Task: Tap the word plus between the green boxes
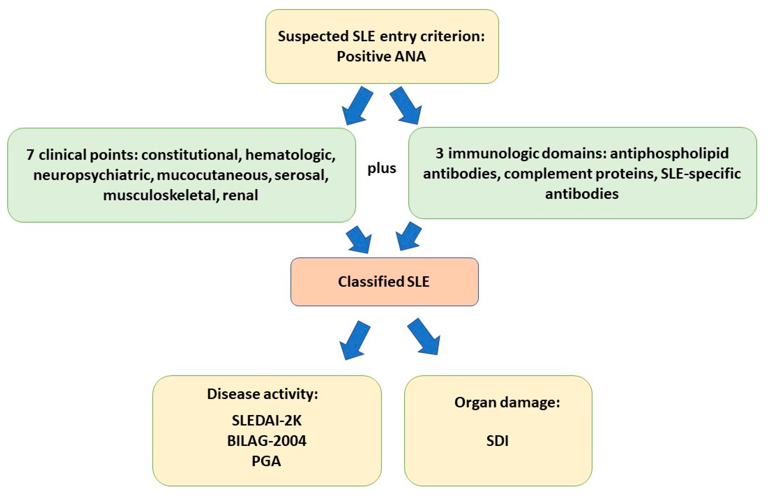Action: tap(382, 168)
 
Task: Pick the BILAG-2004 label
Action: tap(267, 441)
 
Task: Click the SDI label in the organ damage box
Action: tap(498, 441)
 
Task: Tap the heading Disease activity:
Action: tap(262, 394)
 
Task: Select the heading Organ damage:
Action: tap(507, 402)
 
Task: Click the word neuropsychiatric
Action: tap(92, 175)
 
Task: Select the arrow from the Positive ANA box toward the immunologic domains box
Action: tap(406, 106)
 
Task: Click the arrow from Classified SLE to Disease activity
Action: tap(354, 341)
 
